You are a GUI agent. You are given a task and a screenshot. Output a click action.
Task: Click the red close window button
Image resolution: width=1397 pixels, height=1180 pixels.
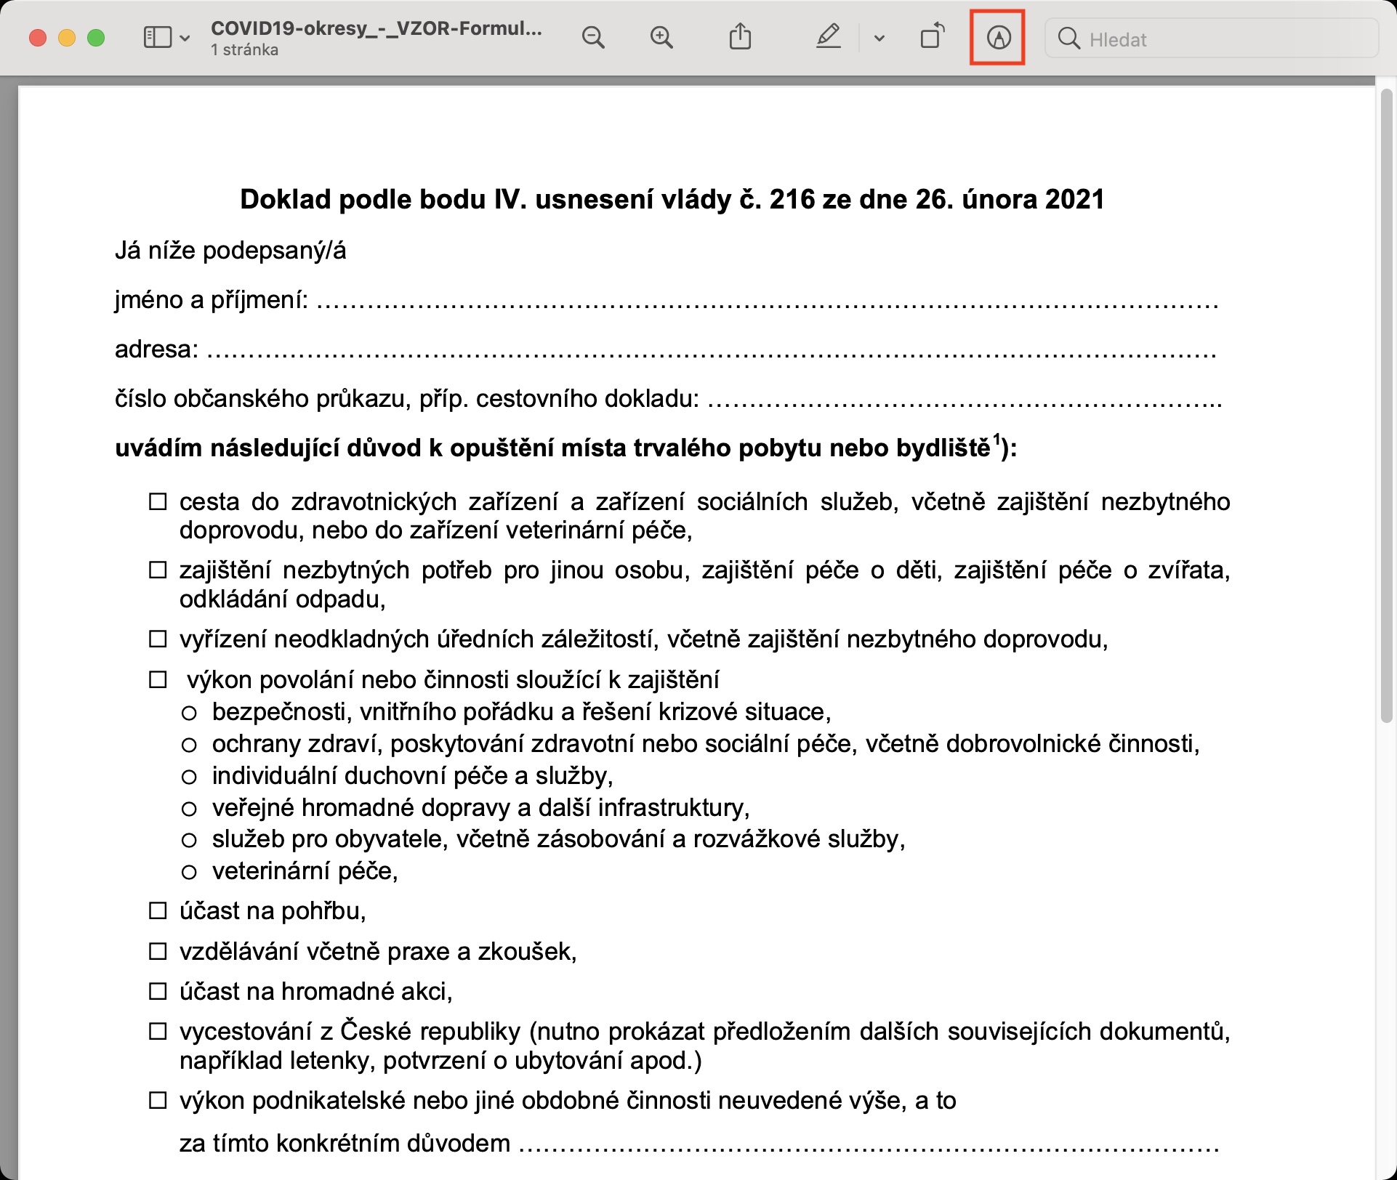(38, 38)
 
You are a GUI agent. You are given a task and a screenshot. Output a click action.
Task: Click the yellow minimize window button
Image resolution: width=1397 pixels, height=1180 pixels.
(67, 38)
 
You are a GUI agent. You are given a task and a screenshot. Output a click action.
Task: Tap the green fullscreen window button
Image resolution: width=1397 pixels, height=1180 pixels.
(96, 38)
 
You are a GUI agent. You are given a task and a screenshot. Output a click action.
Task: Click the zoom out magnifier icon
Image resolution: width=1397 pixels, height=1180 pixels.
(593, 38)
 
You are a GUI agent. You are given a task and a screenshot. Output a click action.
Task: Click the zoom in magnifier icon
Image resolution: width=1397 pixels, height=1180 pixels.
(661, 38)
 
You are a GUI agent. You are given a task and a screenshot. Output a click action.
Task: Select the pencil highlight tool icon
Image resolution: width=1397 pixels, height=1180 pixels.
(828, 36)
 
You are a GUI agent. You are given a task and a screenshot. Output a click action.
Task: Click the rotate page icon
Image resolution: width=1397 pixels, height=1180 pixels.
(933, 36)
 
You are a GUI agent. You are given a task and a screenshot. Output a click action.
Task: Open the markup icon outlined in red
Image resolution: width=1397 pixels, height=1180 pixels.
(998, 38)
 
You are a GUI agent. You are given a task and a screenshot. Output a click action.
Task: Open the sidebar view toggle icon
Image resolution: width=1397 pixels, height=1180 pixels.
(158, 38)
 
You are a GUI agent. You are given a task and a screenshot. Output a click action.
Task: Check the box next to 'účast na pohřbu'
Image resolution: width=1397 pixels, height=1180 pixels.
(158, 911)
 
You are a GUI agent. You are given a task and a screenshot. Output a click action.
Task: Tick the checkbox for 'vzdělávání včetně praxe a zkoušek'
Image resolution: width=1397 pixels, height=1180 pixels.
(158, 951)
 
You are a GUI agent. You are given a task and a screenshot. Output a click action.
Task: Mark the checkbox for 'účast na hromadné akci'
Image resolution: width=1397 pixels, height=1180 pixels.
(158, 991)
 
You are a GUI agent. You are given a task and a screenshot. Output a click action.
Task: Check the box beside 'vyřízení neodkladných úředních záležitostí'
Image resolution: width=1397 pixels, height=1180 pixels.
(158, 639)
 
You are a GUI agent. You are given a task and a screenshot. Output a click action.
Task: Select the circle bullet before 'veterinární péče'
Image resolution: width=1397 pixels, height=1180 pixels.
(189, 872)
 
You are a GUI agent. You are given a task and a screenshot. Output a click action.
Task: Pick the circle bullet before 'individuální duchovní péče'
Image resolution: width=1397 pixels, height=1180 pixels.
(189, 777)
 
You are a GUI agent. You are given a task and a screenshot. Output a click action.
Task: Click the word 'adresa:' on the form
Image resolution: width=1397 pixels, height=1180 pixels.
(156, 349)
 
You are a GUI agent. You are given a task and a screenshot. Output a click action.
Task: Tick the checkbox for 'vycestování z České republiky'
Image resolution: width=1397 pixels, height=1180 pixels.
(158, 1032)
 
